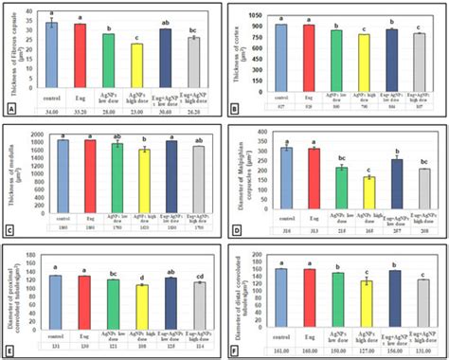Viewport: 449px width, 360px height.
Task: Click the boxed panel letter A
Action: (x=11, y=109)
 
